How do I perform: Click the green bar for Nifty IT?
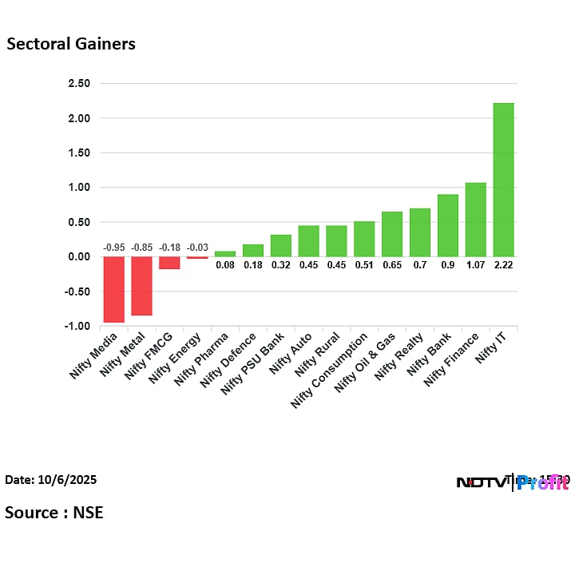[x=503, y=180]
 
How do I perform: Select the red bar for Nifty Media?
[x=113, y=289]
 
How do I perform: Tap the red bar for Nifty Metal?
[x=141, y=286]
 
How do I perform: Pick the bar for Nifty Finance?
[x=475, y=220]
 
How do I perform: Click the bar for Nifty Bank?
[x=447, y=225]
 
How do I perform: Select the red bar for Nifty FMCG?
[x=169, y=263]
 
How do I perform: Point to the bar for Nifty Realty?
[x=420, y=232]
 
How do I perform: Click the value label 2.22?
[x=503, y=265]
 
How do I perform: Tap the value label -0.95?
[x=114, y=248]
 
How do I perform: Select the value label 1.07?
[x=475, y=265]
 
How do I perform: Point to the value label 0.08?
[x=225, y=265]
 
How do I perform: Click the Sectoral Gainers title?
[x=71, y=44]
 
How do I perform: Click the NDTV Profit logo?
[x=511, y=482]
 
